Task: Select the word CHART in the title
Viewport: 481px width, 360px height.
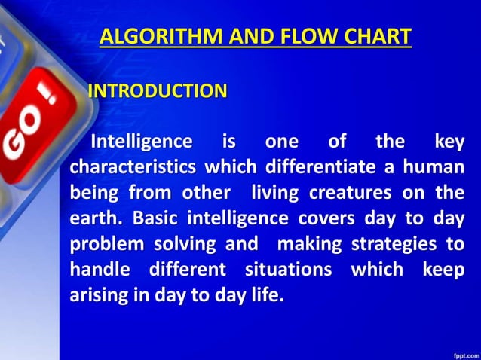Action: (x=375, y=36)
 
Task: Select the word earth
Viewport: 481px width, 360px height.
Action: (x=96, y=218)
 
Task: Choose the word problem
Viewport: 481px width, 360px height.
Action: (x=106, y=244)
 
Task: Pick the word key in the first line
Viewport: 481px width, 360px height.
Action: (x=450, y=141)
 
